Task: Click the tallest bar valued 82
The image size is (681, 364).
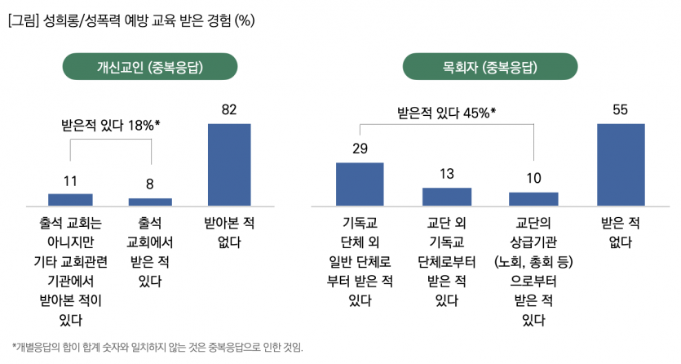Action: (229, 163)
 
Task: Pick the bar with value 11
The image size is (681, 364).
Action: (70, 199)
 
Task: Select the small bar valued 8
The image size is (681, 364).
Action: (150, 201)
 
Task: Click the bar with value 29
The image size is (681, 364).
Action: (360, 184)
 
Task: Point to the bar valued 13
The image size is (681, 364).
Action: (447, 196)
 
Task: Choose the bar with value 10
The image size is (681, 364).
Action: (533, 198)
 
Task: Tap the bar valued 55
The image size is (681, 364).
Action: (621, 163)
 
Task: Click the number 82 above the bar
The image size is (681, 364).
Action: (229, 109)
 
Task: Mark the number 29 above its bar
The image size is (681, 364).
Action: (360, 149)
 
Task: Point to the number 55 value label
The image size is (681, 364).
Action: (621, 109)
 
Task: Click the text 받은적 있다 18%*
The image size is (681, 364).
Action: (110, 125)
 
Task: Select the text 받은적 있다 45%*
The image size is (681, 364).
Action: (446, 112)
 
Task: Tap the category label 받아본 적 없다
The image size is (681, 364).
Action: (229, 232)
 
